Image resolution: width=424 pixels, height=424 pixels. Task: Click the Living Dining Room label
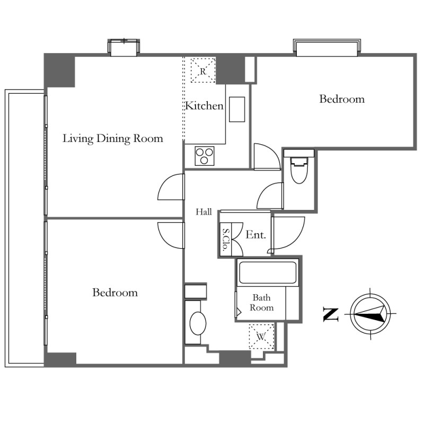113,138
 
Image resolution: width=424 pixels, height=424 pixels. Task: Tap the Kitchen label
205,105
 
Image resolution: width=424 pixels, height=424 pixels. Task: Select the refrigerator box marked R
203,70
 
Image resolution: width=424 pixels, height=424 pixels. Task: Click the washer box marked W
261,337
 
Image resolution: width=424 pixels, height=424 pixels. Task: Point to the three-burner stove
205,156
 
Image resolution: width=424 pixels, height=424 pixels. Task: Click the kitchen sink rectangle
237,109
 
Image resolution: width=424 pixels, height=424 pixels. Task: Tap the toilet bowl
299,170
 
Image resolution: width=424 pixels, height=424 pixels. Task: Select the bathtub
268,272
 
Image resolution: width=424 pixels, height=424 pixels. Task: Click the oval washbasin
198,323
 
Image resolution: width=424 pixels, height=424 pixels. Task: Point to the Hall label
204,211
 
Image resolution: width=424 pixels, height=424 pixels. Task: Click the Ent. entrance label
255,235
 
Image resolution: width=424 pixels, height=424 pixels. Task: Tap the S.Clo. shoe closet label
226,240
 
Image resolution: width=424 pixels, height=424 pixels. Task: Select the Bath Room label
261,303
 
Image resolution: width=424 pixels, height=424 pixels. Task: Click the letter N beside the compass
331,315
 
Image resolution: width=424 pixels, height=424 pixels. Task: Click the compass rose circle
370,314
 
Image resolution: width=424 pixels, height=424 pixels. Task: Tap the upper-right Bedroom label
342,99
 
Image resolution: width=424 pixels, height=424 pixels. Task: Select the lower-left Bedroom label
115,293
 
